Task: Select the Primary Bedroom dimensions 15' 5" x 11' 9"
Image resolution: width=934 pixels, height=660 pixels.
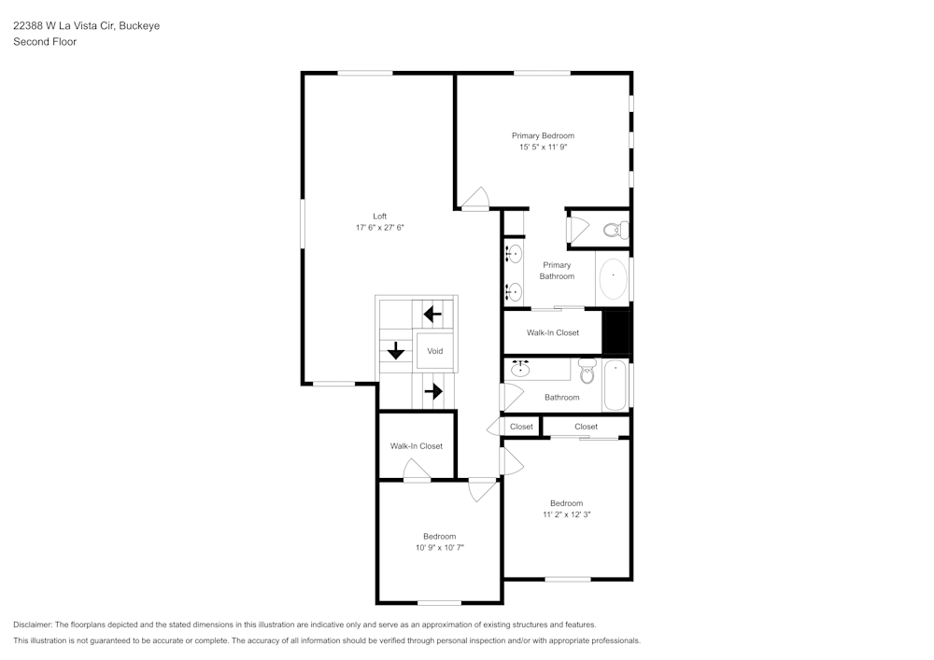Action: coord(543,147)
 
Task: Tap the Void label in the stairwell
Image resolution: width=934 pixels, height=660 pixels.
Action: coord(435,351)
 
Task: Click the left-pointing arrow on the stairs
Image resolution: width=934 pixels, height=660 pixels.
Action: coord(432,314)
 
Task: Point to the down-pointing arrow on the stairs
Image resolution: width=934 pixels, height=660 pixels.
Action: coord(396,351)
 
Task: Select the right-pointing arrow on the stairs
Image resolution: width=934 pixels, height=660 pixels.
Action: coord(432,391)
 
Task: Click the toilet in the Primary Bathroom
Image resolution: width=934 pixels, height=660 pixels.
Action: coord(613,229)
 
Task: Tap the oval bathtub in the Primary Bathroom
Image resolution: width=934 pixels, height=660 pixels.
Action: coord(613,278)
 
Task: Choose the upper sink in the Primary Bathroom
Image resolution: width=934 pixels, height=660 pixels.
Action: coord(515,252)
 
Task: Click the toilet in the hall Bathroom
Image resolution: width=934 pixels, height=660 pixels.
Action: coord(587,372)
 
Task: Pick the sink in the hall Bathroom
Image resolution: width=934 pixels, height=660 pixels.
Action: coord(520,370)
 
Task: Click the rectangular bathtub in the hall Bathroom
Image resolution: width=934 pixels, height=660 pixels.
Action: coord(615,385)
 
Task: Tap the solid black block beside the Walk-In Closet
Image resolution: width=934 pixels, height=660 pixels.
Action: coord(616,331)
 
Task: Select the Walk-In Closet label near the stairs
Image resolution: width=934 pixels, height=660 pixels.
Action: coord(417,446)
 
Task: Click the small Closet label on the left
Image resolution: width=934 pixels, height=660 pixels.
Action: coord(521,427)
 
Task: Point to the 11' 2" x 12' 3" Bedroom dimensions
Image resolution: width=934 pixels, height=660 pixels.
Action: coord(566,514)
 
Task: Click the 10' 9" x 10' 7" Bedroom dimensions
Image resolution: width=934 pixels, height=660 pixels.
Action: coord(439,548)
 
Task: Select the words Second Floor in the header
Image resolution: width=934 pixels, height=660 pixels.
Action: coord(45,42)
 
